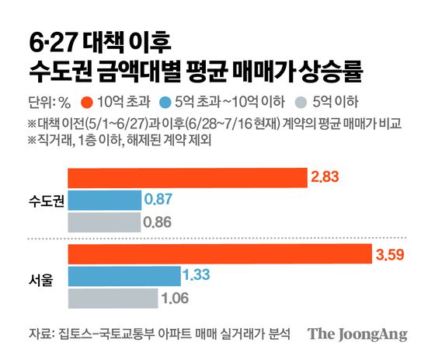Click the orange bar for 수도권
pyautogui.click(x=187, y=178)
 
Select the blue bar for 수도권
pyautogui.click(x=105, y=201)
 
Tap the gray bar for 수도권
pyautogui.click(x=104, y=222)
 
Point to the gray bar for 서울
pyautogui.click(x=113, y=297)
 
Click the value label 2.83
pyautogui.click(x=326, y=178)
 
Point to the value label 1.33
pyautogui.click(x=197, y=275)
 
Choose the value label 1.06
pyautogui.click(x=176, y=297)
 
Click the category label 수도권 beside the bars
pyautogui.click(x=43, y=201)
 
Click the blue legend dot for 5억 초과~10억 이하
pyautogui.click(x=176, y=101)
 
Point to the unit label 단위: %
pyautogui.click(x=48, y=101)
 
